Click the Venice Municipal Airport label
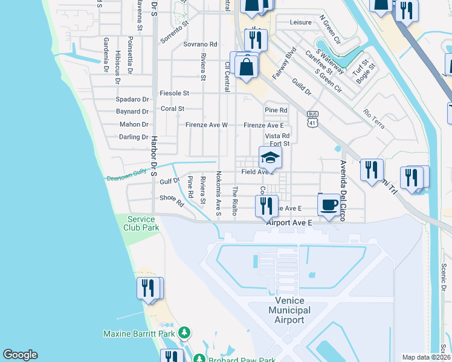point(289,310)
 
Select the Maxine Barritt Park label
point(138,333)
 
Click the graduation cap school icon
point(270,159)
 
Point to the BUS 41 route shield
point(312,118)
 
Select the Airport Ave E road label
point(288,223)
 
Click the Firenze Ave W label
point(206,125)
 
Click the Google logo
point(20,355)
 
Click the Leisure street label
point(300,22)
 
